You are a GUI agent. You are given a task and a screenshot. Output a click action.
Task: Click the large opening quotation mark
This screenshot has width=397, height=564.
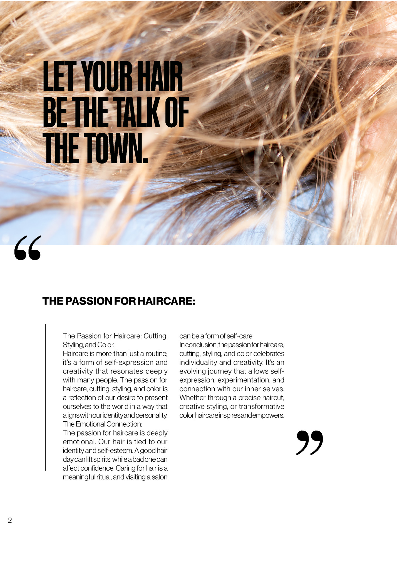[28, 248]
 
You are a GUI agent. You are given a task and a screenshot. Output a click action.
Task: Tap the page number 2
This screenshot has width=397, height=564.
[10, 520]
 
